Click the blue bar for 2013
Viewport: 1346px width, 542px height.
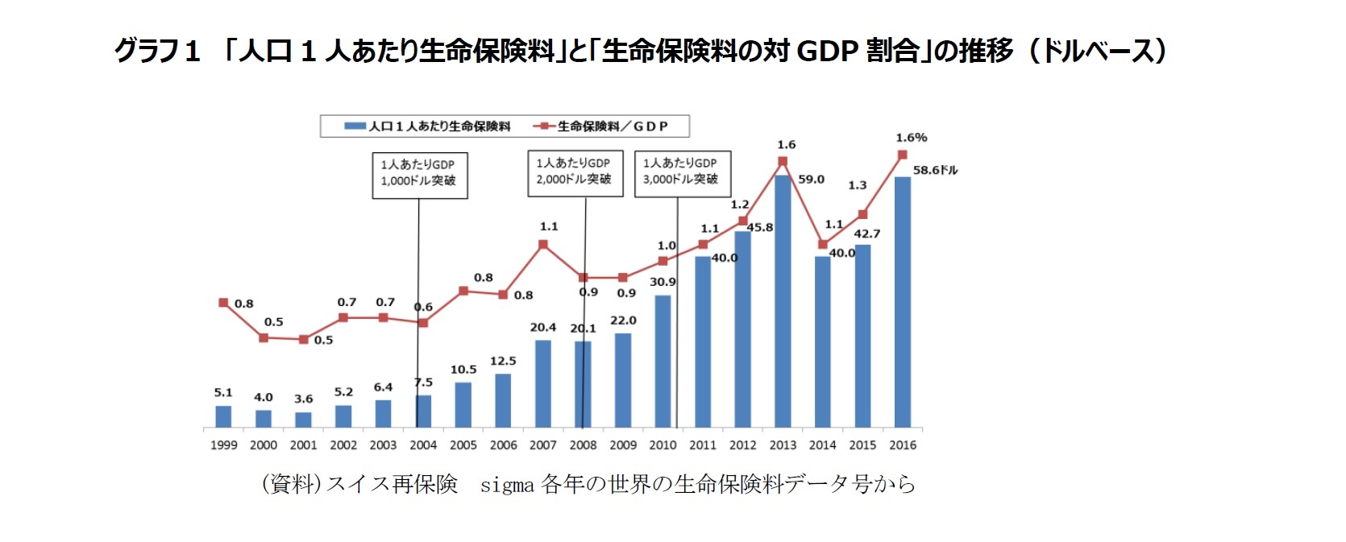point(782,302)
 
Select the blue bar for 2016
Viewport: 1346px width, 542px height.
point(902,302)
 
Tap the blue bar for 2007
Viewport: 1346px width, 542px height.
point(542,383)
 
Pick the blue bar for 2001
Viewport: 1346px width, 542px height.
point(303,419)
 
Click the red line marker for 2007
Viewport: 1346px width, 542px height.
point(542,244)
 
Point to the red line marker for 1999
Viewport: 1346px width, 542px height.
point(223,303)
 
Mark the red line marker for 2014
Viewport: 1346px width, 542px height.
point(822,244)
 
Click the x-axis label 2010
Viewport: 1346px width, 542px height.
point(663,445)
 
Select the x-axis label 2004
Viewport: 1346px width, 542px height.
point(423,445)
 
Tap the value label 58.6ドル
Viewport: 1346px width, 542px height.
point(935,171)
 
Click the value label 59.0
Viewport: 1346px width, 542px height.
point(811,180)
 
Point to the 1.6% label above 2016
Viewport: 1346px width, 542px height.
point(911,138)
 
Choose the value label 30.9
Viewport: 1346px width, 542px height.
point(663,282)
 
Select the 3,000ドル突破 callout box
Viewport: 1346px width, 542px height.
point(681,172)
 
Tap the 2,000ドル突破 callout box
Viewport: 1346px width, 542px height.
point(574,172)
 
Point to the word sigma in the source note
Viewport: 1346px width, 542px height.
point(506,485)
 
